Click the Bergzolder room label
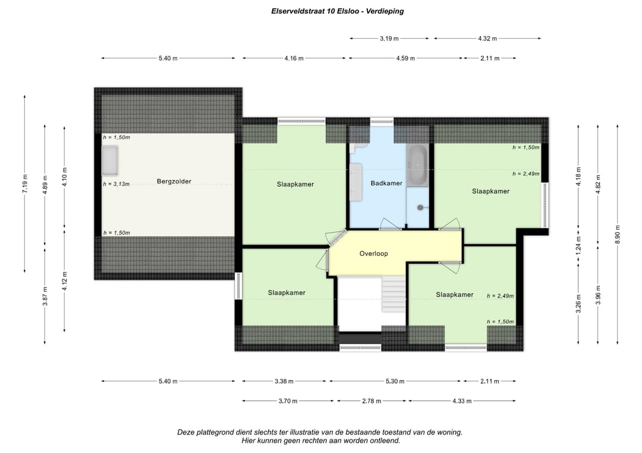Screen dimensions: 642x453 point(174,182)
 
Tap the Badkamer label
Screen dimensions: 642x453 point(386,183)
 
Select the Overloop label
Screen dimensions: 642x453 point(373,254)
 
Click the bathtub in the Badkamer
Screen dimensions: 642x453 point(417,165)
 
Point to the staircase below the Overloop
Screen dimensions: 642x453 point(394,294)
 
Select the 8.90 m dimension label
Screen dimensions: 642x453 point(618,235)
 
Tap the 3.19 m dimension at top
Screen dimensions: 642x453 point(389,39)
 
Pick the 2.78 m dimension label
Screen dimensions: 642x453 point(372,401)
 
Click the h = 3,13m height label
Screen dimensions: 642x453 point(117,184)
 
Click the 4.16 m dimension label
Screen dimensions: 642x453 point(294,58)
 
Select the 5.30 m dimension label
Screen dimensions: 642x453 point(395,381)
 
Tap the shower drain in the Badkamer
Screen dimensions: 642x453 point(420,208)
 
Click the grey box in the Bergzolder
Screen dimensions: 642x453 point(110,161)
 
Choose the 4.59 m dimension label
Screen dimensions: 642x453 point(405,58)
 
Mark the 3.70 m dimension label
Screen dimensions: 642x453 point(288,401)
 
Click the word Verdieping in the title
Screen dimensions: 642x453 point(385,11)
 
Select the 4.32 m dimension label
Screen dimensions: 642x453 point(487,39)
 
